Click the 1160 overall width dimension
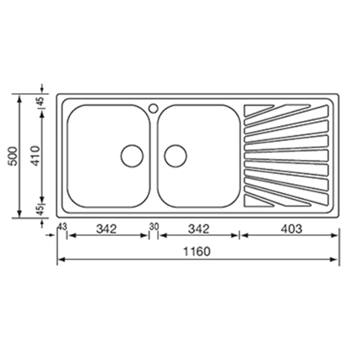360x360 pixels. (x=197, y=251)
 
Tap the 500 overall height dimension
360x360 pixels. (x=13, y=156)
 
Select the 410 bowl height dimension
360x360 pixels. (x=35, y=155)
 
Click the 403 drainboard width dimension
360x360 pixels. (x=292, y=229)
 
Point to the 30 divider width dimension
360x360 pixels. (x=154, y=227)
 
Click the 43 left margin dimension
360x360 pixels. (x=62, y=227)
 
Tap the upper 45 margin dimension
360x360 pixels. (x=40, y=101)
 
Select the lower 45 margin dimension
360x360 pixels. (x=40, y=210)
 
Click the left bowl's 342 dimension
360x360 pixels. (x=106, y=229)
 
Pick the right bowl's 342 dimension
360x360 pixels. (x=199, y=229)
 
